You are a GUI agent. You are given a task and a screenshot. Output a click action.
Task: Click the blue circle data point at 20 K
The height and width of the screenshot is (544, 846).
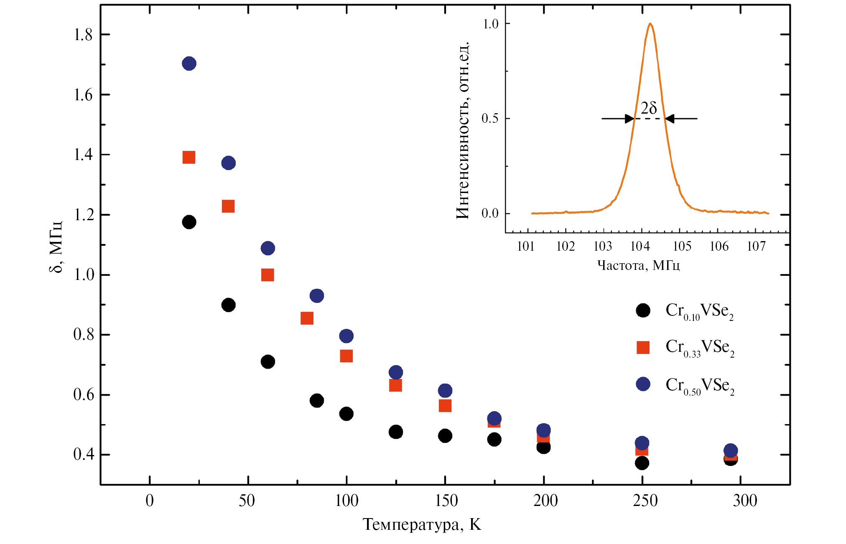189,64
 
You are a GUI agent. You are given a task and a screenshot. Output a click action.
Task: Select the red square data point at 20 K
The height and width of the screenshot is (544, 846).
189,158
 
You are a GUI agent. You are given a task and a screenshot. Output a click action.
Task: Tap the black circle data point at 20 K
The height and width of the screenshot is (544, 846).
189,222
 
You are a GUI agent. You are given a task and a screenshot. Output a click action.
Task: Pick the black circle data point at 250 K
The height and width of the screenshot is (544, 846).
642,463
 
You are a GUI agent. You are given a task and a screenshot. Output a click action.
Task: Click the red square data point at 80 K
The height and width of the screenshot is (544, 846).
307,318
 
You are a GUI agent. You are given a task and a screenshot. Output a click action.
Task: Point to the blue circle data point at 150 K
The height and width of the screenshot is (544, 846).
445,391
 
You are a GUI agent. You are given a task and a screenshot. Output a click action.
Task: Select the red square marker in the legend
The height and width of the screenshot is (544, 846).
643,347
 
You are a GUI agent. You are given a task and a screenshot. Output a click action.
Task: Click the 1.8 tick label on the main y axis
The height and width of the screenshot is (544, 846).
83,35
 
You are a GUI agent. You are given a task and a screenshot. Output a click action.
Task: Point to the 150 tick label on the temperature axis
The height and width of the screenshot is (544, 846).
446,501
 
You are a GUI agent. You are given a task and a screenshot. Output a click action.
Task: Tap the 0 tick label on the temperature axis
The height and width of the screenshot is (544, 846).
150,501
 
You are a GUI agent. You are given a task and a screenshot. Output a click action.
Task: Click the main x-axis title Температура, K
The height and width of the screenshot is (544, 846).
422,524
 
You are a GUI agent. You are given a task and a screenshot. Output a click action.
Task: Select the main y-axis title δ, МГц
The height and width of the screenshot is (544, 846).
56,247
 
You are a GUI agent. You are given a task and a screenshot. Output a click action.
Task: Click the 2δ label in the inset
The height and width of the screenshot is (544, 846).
649,108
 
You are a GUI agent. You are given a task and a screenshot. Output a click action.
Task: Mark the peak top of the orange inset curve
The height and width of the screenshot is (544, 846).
650,24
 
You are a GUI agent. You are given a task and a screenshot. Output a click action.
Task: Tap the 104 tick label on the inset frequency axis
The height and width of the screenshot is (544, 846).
640,247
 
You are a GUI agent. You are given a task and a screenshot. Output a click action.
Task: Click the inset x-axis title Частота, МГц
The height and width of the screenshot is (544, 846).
638,265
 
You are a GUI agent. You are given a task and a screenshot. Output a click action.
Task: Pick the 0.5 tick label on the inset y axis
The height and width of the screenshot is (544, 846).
490,119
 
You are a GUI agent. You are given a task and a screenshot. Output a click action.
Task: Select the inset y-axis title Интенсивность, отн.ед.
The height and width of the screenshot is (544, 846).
462,130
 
